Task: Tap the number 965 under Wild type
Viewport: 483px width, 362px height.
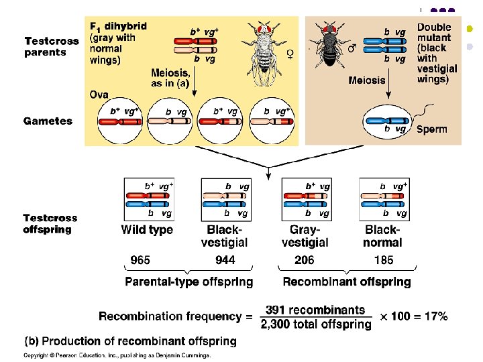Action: click(x=140, y=260)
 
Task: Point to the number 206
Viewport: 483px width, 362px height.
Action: click(x=305, y=260)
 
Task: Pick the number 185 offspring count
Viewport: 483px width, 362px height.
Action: click(x=382, y=260)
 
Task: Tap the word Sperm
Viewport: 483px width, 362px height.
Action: click(x=432, y=129)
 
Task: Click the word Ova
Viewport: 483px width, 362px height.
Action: click(x=99, y=95)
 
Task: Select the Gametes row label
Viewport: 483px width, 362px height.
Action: click(x=48, y=121)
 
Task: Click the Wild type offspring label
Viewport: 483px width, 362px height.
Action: click(x=147, y=230)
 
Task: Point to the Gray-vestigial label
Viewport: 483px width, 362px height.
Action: click(x=305, y=236)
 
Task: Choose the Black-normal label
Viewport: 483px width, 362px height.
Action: click(x=383, y=236)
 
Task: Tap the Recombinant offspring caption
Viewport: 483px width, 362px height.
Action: click(x=347, y=282)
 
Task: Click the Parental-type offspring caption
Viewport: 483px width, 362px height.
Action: click(x=189, y=282)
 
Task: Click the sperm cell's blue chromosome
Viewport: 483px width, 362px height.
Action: click(x=386, y=120)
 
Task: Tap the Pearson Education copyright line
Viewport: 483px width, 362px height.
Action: click(x=117, y=355)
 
